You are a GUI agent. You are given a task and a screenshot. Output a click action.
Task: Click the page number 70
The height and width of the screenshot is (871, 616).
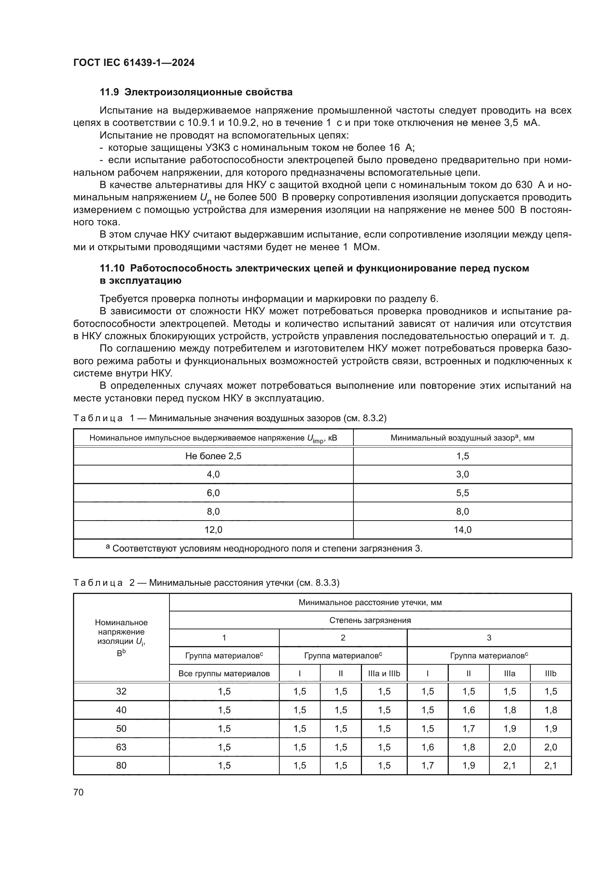(78, 792)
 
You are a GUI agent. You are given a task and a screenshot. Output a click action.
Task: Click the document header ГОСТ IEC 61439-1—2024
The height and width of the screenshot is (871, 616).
(134, 63)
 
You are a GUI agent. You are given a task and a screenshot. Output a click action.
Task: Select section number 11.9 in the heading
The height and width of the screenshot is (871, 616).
(109, 92)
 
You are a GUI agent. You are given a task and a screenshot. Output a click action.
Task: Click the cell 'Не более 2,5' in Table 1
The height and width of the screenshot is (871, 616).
(213, 456)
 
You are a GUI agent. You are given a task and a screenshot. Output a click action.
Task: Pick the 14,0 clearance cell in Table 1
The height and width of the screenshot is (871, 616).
(463, 530)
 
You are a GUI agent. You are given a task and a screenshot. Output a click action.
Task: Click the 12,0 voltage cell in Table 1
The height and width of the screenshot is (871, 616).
(213, 530)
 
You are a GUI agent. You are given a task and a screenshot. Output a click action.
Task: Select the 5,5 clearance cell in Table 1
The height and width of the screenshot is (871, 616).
(463, 493)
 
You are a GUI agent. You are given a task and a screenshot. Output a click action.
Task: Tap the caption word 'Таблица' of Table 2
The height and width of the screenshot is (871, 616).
(98, 583)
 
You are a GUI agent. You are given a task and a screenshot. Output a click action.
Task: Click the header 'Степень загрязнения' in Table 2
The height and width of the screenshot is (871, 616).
(370, 620)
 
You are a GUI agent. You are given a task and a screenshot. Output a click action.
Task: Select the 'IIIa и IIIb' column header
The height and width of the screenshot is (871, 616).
(384, 674)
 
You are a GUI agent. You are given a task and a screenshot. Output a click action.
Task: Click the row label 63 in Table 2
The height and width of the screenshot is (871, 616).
(121, 747)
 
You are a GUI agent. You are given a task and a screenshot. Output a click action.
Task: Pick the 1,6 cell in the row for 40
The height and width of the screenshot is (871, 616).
(469, 710)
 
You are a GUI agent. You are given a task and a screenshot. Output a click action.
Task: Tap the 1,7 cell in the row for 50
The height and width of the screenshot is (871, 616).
(469, 728)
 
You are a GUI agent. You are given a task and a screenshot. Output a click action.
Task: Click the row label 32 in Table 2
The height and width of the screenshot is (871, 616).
(121, 691)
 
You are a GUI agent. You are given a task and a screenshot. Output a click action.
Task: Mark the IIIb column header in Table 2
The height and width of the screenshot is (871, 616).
(550, 674)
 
